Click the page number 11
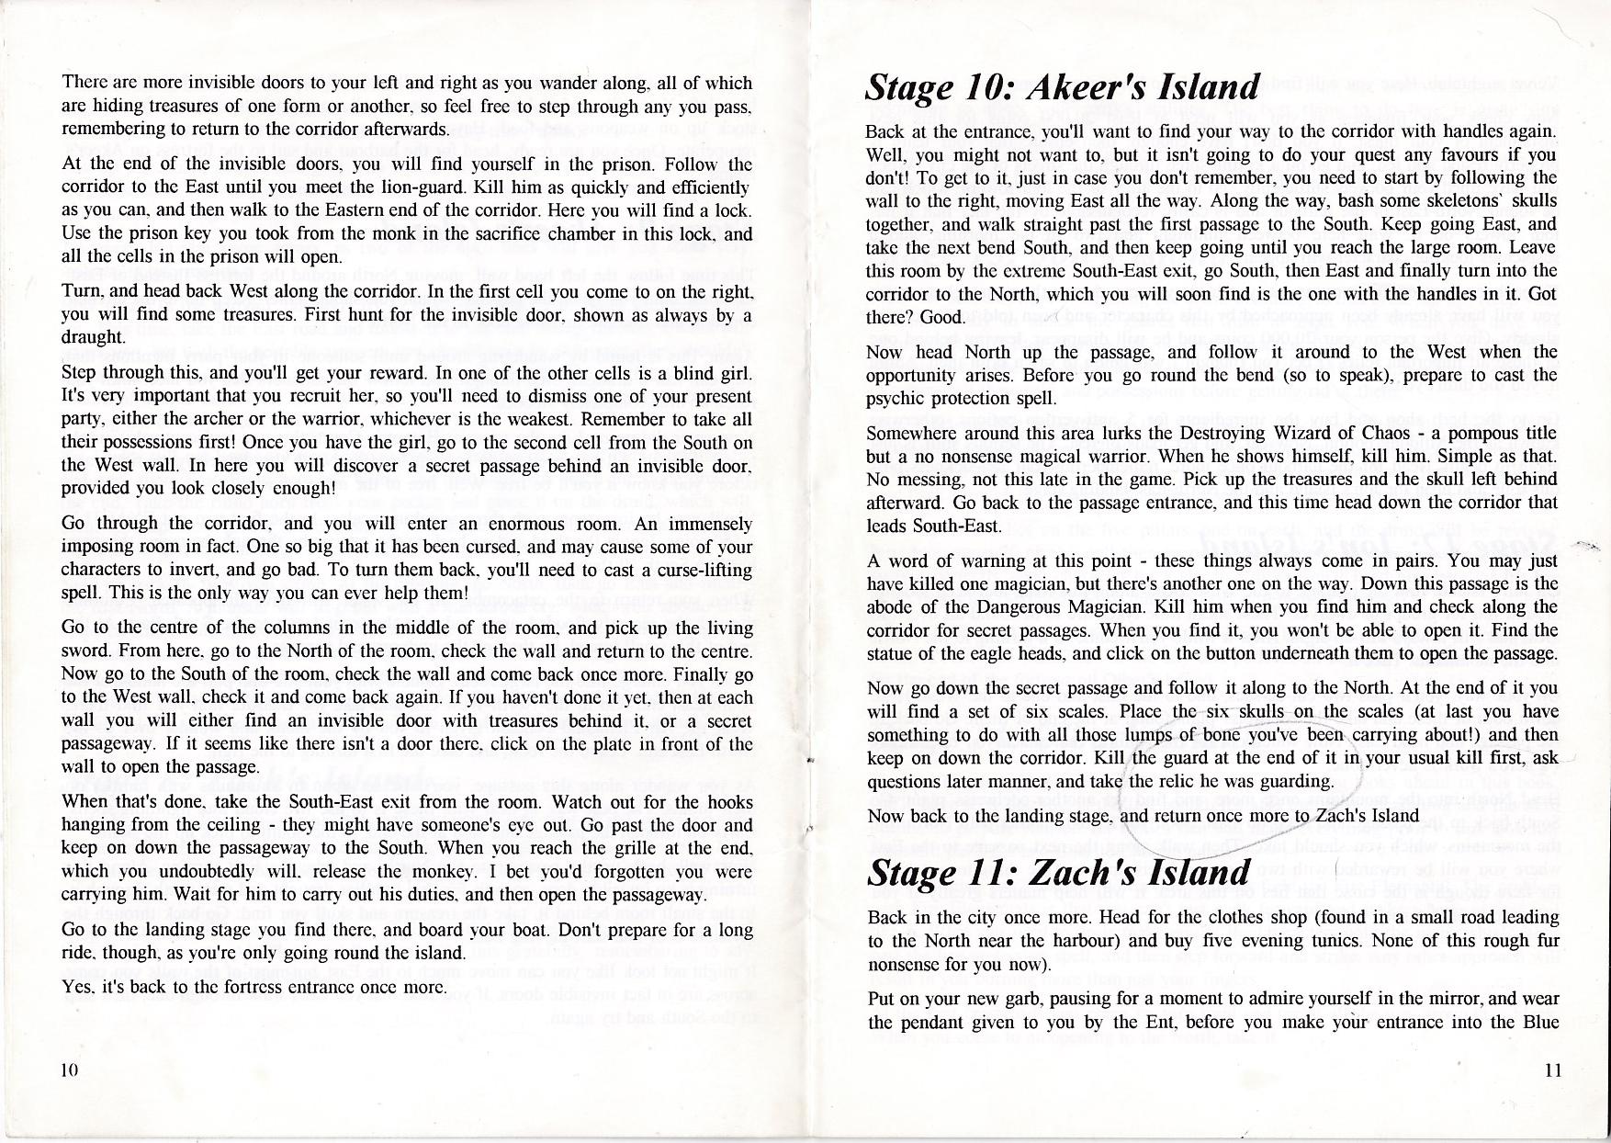click(1552, 1069)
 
